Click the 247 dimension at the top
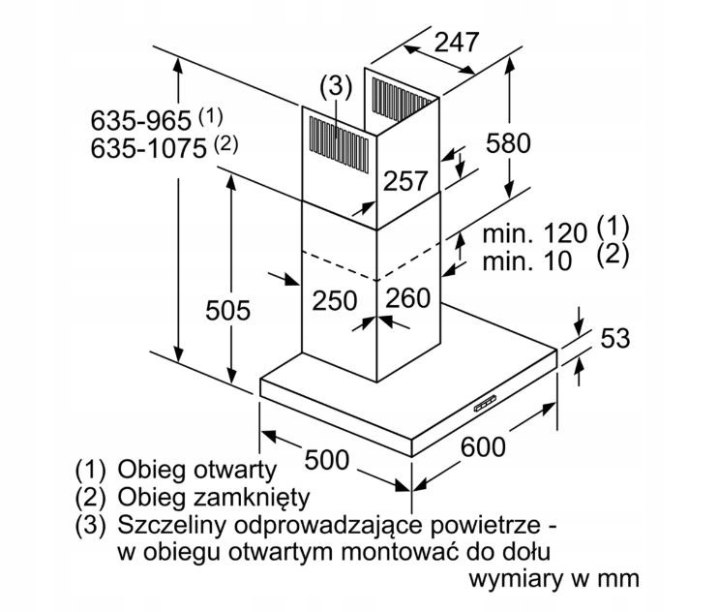[456, 43]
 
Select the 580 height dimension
[508, 142]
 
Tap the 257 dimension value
[405, 180]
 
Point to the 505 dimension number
[227, 310]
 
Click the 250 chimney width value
[335, 300]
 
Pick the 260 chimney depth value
[408, 297]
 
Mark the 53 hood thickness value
[615, 338]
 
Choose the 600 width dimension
[483, 446]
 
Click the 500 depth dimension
[327, 459]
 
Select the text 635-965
[140, 121]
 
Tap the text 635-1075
[148, 148]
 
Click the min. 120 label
[535, 233]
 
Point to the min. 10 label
[527, 261]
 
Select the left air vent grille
[339, 144]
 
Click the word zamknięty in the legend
[251, 498]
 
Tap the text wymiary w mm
[554, 579]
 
